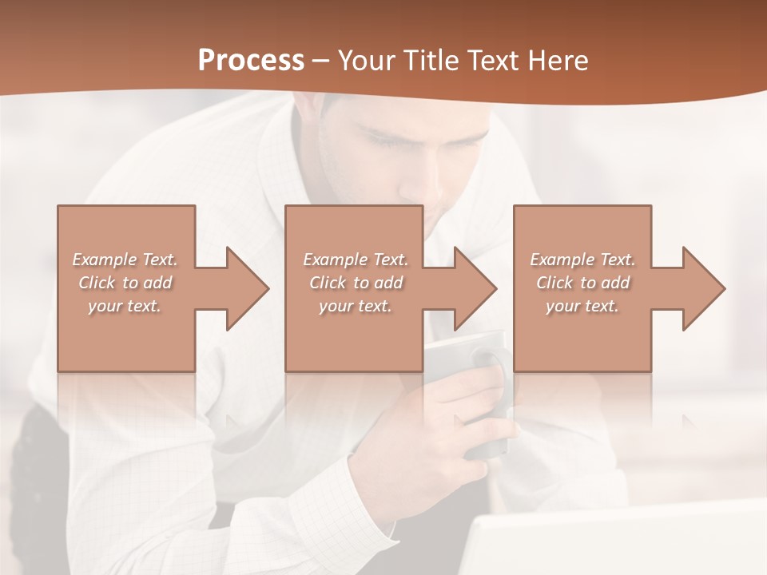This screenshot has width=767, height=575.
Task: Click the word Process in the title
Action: tap(251, 60)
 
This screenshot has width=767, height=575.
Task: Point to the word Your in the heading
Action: tap(367, 61)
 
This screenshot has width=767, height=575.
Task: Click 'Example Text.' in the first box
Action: tap(125, 260)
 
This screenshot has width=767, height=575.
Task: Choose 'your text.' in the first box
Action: tap(125, 306)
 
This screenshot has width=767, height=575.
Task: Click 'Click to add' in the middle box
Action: tap(356, 283)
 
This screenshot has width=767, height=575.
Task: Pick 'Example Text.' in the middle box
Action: tap(356, 260)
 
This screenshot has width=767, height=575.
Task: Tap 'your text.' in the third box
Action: tap(582, 306)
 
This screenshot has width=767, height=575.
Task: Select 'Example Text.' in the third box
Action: tap(582, 260)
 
